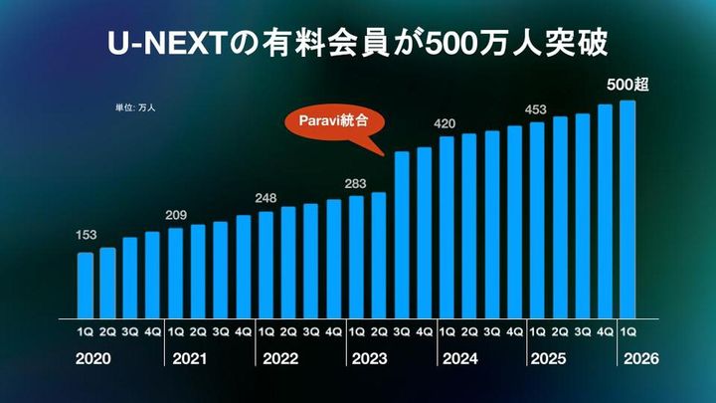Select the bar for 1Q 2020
(86, 283)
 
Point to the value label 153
(87, 236)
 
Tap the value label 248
(267, 195)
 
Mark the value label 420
(447, 122)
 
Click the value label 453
(537, 108)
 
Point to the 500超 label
(627, 85)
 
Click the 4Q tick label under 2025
(605, 330)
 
